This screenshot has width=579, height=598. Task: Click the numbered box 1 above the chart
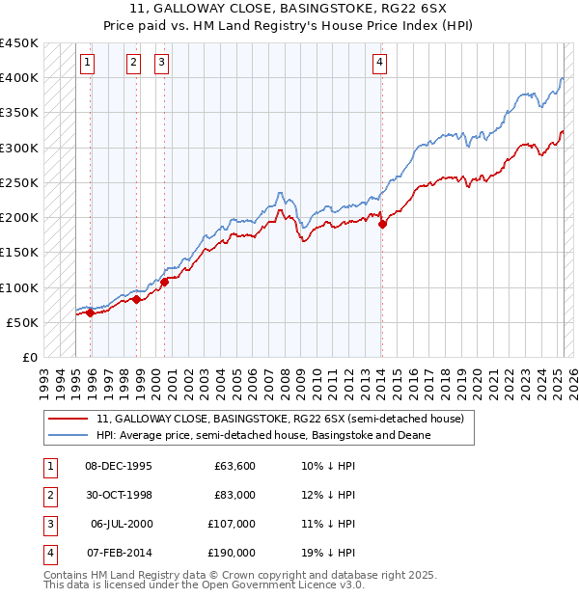point(87,64)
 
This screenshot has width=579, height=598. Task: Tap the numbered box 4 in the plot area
point(380,64)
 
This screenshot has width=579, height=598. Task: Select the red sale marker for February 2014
point(382,224)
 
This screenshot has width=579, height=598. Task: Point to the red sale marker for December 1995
point(91,313)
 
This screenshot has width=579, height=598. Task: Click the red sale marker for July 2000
point(164,282)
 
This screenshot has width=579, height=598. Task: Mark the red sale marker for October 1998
point(137,299)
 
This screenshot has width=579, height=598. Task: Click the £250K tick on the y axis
point(19,182)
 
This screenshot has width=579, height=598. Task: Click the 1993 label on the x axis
point(43,376)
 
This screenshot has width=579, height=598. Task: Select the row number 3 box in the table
point(48,524)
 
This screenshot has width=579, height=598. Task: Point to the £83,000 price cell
point(235,495)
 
